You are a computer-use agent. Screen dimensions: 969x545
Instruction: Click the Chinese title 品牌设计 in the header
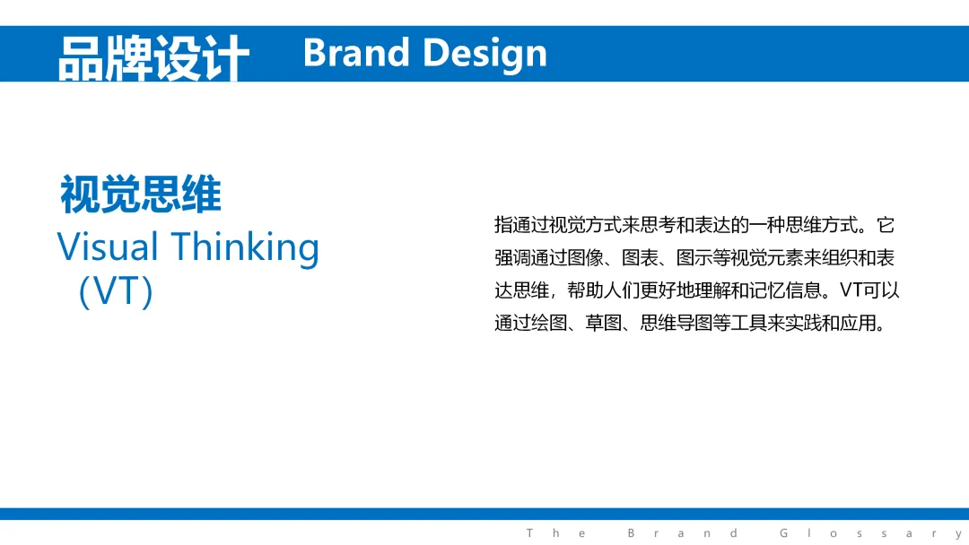pos(153,57)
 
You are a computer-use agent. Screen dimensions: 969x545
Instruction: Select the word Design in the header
pos(485,55)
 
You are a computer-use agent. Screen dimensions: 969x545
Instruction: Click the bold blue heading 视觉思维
pos(140,194)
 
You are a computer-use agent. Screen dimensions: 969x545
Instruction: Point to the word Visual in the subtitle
pos(108,247)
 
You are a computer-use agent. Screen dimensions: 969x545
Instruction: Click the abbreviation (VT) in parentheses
pos(116,291)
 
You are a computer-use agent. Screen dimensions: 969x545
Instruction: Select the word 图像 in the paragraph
pos(585,257)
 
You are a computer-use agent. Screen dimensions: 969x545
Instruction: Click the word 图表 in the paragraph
pos(640,257)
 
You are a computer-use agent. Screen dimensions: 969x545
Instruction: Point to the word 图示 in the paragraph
pos(694,257)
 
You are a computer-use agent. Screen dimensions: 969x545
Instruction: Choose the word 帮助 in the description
pos(585,290)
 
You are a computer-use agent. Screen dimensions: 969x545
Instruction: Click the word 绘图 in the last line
pos(549,323)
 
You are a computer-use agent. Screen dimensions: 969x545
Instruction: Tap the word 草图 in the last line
pos(603,323)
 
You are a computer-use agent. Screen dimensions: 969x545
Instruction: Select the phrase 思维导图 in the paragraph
pos(677,323)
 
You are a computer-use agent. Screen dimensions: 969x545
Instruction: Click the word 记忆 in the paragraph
pos(767,290)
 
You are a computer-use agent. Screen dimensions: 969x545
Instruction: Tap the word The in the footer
pos(555,533)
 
